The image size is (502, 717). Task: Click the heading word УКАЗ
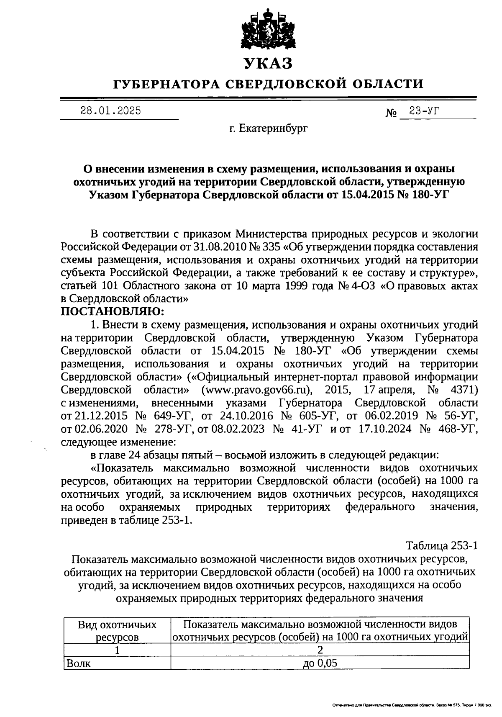(x=268, y=64)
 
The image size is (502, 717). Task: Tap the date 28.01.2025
(x=110, y=111)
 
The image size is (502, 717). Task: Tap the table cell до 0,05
(x=320, y=663)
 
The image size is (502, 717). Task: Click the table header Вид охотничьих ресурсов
(x=117, y=631)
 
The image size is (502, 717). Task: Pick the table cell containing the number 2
(x=320, y=650)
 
